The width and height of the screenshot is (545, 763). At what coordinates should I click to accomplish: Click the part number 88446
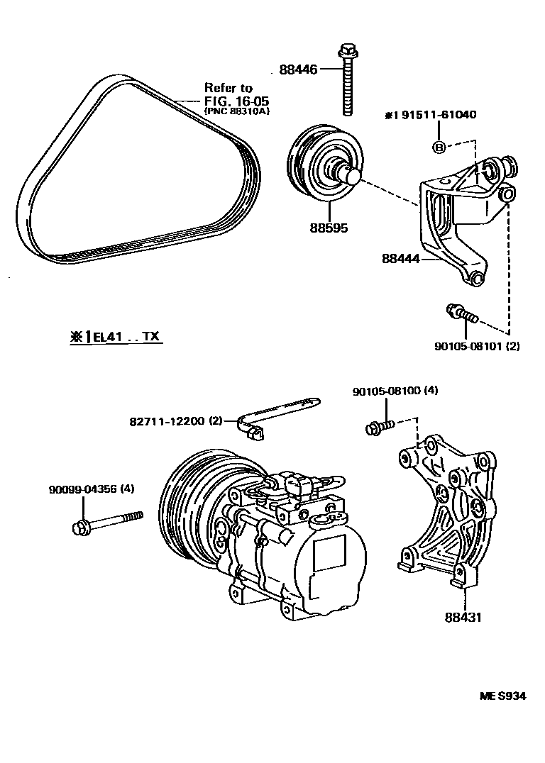click(x=297, y=69)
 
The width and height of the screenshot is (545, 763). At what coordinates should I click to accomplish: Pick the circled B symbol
click(x=439, y=147)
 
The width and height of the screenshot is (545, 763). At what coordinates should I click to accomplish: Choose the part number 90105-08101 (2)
click(x=469, y=347)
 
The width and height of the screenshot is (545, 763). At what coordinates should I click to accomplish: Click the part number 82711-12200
click(x=167, y=421)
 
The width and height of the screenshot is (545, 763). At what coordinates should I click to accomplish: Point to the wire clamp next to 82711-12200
click(x=277, y=415)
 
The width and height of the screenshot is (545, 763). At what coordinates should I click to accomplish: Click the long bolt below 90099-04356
click(x=106, y=523)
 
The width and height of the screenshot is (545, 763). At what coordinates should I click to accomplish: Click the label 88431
click(x=463, y=618)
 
